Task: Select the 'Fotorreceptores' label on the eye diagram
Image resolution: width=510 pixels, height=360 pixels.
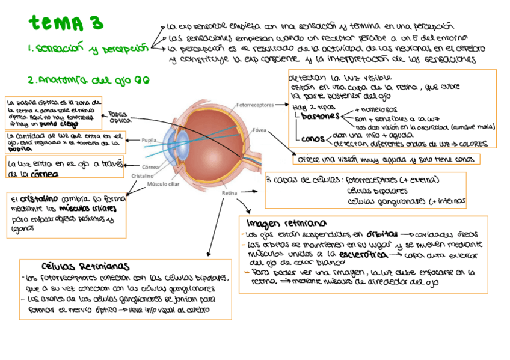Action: click(x=255, y=105)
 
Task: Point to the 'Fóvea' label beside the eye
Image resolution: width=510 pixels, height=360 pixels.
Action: click(x=259, y=130)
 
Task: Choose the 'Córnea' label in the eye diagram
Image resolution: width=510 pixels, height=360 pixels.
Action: click(x=151, y=167)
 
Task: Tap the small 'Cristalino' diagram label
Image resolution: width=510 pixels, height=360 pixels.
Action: click(x=143, y=175)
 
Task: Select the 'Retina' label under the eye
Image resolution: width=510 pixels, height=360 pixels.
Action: click(x=229, y=193)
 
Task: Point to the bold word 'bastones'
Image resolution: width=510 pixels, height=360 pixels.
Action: click(x=319, y=115)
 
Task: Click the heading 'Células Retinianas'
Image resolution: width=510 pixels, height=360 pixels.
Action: click(x=85, y=266)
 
